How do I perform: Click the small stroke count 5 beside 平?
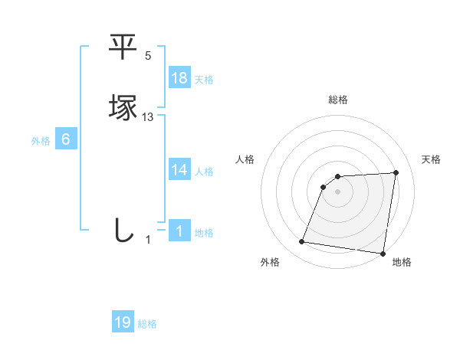[x=148, y=57]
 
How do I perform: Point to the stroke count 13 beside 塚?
[x=148, y=116]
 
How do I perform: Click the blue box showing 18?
[x=179, y=78]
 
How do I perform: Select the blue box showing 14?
[x=179, y=170]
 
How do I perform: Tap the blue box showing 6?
[x=66, y=139]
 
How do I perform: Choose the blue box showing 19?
[x=123, y=322]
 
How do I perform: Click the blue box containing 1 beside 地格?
[x=179, y=231]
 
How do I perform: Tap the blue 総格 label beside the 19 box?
[x=147, y=325]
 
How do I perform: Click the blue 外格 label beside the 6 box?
[x=40, y=141]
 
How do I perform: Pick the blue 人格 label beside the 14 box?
[x=204, y=172]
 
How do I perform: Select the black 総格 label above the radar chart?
[x=338, y=100]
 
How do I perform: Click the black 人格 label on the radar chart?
[x=245, y=159]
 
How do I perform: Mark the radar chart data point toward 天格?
[x=396, y=172]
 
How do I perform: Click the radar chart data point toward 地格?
[x=383, y=254]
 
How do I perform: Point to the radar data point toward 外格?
[x=302, y=242]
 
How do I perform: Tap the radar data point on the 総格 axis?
[x=338, y=177]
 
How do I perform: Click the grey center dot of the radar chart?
[x=338, y=191]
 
